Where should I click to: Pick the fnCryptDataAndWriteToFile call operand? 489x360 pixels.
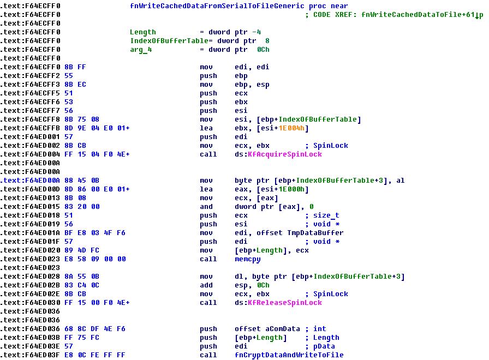pyautogui.click(x=289, y=355)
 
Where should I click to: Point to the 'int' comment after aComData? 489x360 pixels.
pyautogui.click(x=320, y=329)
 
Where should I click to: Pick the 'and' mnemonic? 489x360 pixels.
pyautogui.click(x=206, y=207)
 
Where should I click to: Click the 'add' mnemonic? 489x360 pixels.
pyautogui.click(x=206, y=285)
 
